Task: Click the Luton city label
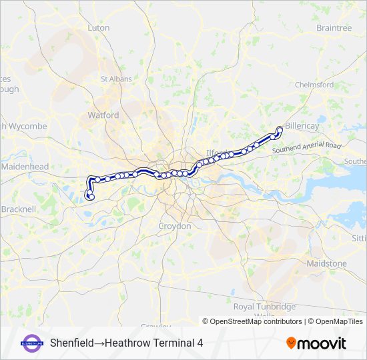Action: [98, 28]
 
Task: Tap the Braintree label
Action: [334, 28]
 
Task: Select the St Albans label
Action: [113, 79]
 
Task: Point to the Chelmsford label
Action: [314, 85]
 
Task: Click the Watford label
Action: [103, 115]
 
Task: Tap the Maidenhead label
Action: [25, 166]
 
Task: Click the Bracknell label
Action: [18, 209]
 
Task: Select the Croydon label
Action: [175, 226]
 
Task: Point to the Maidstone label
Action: [326, 263]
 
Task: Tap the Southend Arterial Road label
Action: [306, 148]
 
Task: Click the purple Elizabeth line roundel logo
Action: [32, 343]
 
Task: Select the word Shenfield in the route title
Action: [71, 343]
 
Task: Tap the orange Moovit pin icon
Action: [291, 343]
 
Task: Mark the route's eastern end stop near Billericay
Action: [280, 129]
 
